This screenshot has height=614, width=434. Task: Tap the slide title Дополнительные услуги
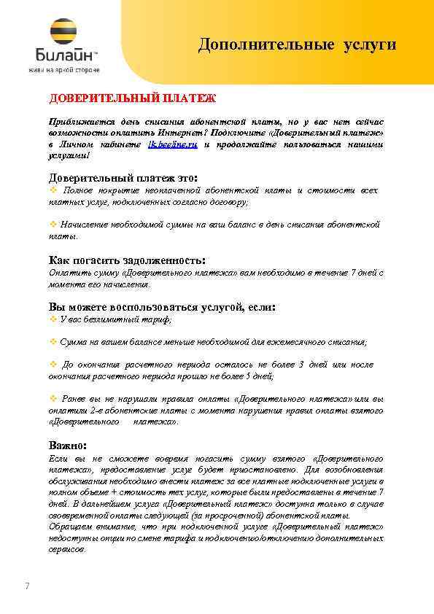point(298,45)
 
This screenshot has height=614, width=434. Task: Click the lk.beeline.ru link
point(172,146)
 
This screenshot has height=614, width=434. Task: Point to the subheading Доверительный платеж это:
point(123,178)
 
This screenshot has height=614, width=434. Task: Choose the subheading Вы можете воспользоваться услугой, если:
point(162,307)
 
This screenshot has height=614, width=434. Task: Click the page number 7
point(27,586)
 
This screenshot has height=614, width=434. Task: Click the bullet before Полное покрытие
point(53,190)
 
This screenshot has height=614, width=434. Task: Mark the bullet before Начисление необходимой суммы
point(53,225)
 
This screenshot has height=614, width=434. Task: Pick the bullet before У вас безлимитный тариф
point(53,319)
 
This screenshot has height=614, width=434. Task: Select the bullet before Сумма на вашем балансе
point(53,341)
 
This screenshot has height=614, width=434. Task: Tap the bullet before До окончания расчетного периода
point(53,364)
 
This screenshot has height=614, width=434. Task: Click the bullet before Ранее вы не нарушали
point(53,398)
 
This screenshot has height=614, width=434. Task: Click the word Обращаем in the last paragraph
point(69,526)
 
